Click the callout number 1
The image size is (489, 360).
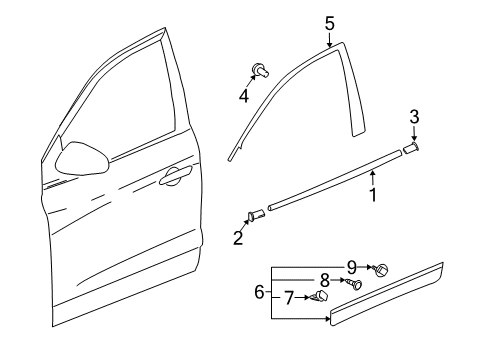(x=374, y=195)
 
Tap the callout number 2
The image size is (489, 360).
(x=238, y=239)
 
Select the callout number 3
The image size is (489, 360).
(x=415, y=119)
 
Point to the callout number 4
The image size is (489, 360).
(x=243, y=97)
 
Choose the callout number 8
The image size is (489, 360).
(x=323, y=281)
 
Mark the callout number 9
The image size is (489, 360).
(x=350, y=267)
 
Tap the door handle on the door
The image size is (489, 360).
(x=176, y=177)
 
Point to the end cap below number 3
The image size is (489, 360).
(x=410, y=149)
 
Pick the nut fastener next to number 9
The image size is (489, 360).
(x=380, y=270)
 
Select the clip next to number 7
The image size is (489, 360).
(x=320, y=297)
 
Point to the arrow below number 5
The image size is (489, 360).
(x=329, y=40)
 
